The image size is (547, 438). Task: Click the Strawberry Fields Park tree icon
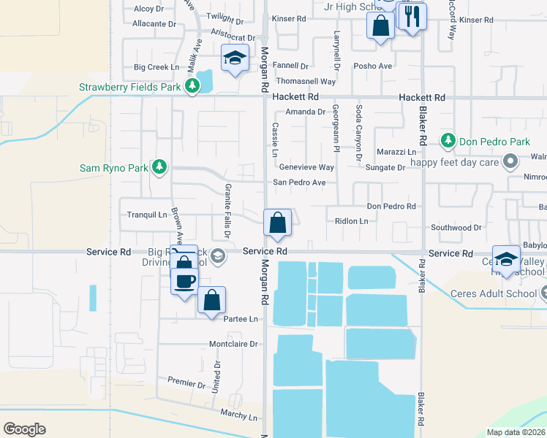(192, 87)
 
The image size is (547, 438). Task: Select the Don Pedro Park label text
(484, 140)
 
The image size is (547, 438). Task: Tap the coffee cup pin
(185, 281)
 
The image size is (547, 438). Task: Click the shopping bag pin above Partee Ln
(211, 299)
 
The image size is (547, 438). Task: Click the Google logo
(24, 429)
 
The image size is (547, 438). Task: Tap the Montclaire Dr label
(234, 344)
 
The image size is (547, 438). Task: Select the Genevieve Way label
(303, 167)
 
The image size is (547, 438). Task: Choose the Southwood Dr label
(456, 228)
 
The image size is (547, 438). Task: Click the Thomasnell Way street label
(306, 81)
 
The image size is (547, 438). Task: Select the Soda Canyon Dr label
(358, 133)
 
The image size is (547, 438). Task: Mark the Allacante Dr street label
(154, 23)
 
